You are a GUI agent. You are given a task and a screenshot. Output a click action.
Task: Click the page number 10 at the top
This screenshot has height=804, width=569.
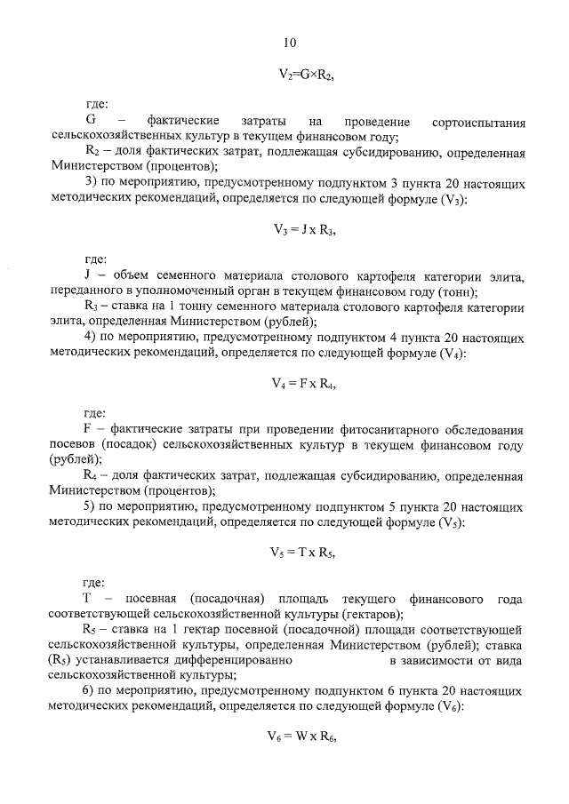tap(289, 43)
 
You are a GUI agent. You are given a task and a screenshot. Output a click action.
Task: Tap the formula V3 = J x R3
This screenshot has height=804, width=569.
tap(305, 228)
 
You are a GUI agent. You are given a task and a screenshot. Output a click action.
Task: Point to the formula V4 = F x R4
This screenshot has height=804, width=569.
tap(305, 383)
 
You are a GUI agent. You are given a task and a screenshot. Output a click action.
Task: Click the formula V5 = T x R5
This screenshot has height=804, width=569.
tap(305, 551)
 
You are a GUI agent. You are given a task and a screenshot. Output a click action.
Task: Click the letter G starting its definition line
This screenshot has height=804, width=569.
tap(90, 121)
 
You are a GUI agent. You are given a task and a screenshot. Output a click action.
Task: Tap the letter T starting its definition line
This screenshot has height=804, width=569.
tap(88, 598)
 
